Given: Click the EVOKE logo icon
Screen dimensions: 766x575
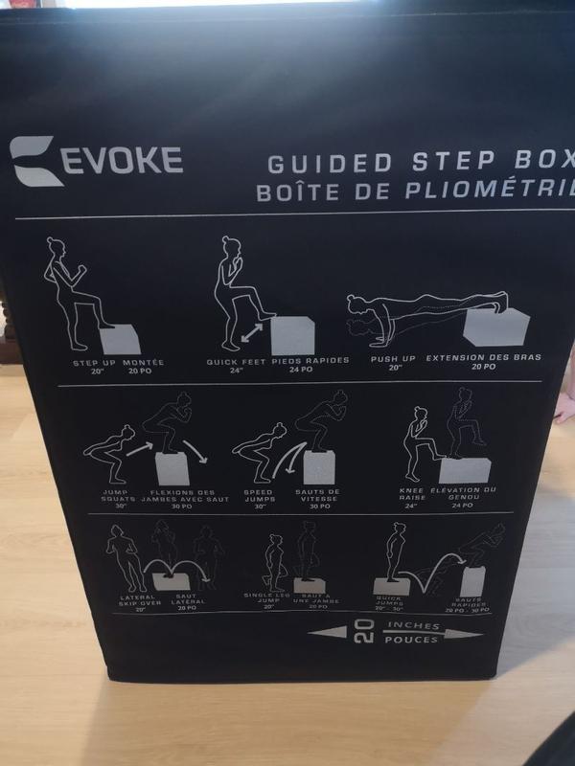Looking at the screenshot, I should (x=37, y=160).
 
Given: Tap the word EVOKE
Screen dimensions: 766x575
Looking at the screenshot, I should (x=122, y=159).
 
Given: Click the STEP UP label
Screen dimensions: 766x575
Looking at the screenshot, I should (x=95, y=363).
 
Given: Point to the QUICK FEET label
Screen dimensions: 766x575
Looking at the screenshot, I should (x=236, y=362).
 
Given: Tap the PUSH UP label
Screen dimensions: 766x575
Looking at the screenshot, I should (x=393, y=358).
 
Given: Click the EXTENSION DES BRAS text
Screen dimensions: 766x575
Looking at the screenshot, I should (x=484, y=357).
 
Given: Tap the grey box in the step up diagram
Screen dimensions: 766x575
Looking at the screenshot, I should (x=120, y=337).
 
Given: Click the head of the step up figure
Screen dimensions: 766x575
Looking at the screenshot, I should (x=56, y=245).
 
